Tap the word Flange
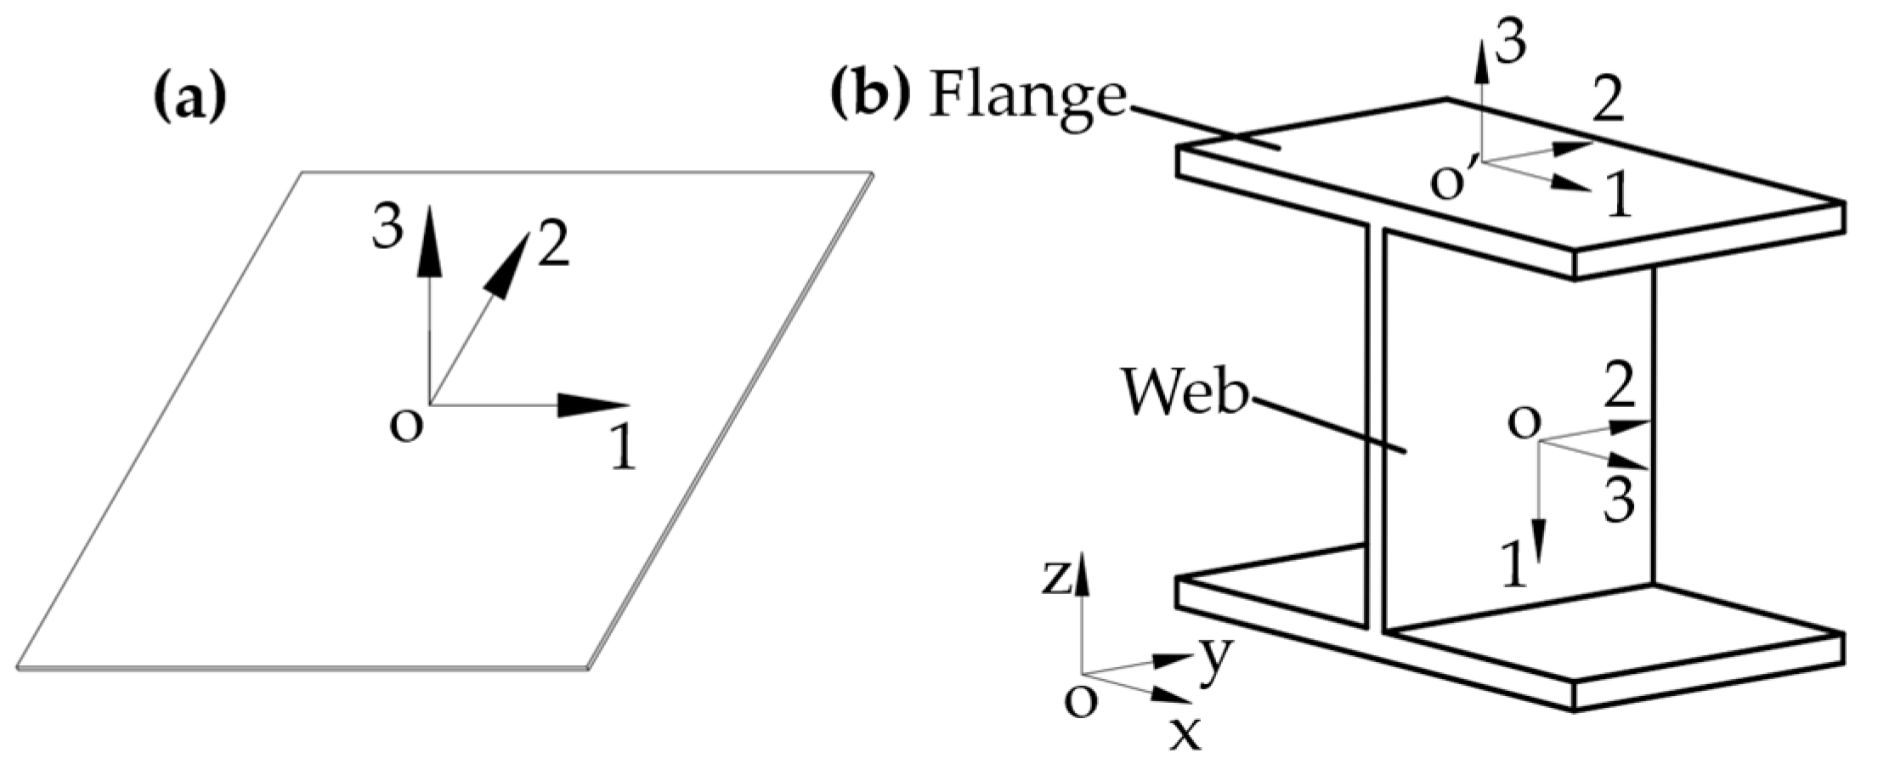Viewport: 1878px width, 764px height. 1028,98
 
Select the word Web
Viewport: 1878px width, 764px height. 1185,393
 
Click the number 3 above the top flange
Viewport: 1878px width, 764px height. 1510,42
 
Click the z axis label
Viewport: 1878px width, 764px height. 1057,580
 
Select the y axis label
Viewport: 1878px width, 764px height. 1215,659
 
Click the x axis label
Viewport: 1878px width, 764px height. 1185,733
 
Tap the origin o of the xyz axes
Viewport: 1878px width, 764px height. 1080,701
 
